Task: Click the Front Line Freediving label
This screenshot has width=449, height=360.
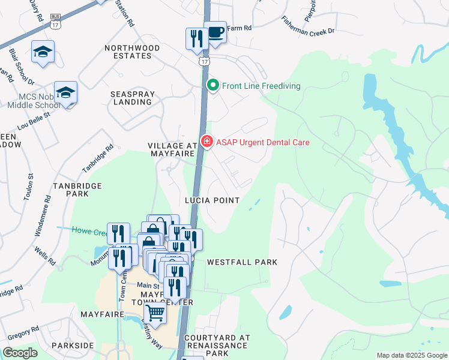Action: [261, 86]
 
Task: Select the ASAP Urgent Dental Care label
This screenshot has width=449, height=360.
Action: [263, 142]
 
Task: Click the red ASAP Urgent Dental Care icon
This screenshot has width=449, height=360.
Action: [207, 142]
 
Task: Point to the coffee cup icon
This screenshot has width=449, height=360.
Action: [215, 32]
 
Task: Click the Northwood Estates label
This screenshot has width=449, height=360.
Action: [128, 52]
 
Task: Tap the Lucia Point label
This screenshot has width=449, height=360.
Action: [212, 200]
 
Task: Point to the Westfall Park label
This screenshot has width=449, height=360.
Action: [242, 262]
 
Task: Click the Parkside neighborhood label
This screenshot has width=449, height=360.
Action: [73, 346]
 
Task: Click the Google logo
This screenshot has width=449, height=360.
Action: [20, 353]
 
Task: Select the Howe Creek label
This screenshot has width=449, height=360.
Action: [89, 230]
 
